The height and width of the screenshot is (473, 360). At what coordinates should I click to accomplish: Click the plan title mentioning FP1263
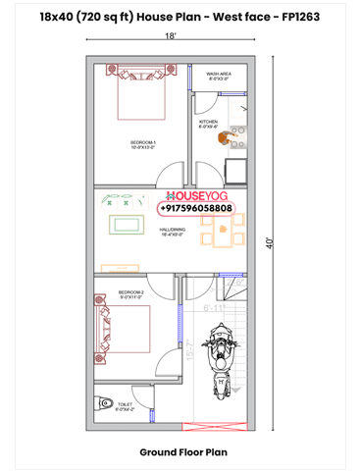point(180,16)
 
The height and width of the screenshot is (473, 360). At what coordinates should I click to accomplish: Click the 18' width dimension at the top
point(171,36)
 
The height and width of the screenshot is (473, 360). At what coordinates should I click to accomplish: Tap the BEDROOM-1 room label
point(143,144)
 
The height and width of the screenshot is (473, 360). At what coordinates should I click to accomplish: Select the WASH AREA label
point(219,75)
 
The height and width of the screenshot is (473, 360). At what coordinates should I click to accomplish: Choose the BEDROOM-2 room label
point(131,294)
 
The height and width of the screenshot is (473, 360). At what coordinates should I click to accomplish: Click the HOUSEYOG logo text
point(199,195)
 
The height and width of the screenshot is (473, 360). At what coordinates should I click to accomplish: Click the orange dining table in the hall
point(223,235)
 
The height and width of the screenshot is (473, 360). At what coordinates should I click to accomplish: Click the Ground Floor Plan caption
point(180,452)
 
